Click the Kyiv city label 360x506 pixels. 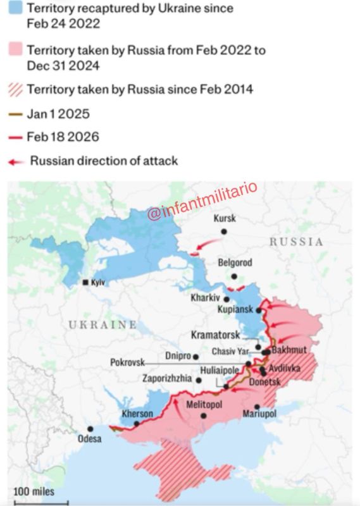point(98,283)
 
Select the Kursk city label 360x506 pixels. point(225,219)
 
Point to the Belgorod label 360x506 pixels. point(235,262)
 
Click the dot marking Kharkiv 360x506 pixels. point(227,299)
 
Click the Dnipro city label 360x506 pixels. point(178,356)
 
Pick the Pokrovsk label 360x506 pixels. point(127,362)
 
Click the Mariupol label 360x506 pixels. point(259,414)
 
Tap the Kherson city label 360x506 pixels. point(137,414)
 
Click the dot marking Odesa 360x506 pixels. point(90,429)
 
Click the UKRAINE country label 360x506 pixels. point(102,324)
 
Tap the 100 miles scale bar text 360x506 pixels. point(34,491)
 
